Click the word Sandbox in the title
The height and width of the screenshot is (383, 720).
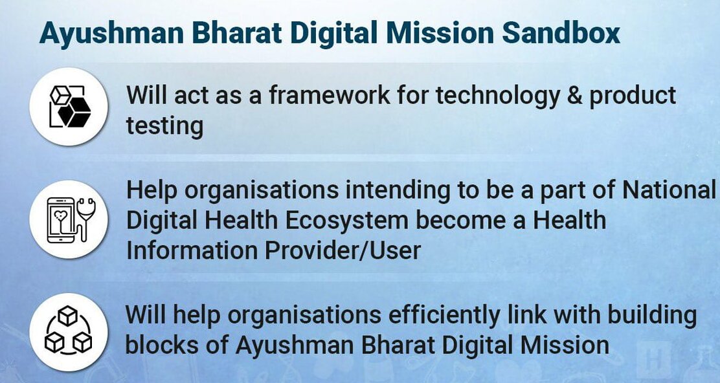click(x=561, y=32)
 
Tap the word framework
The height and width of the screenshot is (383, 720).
click(x=329, y=95)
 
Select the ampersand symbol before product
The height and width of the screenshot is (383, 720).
click(x=574, y=95)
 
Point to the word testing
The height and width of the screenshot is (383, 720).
click(x=164, y=127)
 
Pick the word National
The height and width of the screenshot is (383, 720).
click(x=669, y=190)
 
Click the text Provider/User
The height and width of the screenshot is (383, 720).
click(x=343, y=250)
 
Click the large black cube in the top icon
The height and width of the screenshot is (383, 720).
click(x=74, y=113)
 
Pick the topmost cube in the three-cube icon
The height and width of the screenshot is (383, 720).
click(x=68, y=316)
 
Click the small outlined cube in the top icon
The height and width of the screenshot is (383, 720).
click(x=60, y=95)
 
